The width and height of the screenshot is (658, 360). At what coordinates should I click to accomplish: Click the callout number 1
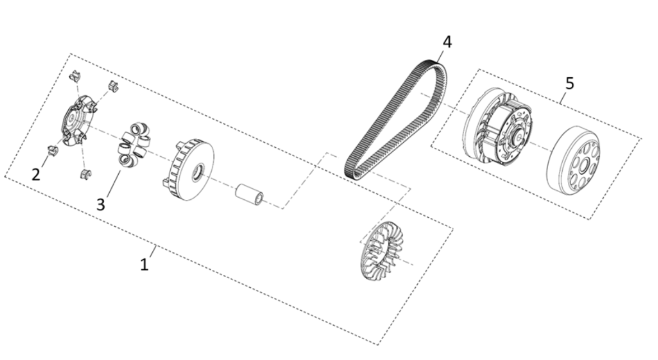pos(144,264)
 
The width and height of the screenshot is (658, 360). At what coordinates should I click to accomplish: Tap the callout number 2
pos(36,174)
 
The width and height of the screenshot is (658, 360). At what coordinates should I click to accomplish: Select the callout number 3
pos(100,204)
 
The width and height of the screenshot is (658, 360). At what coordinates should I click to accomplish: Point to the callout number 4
pos(446,41)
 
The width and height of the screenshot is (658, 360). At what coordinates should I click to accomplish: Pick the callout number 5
pos(570,83)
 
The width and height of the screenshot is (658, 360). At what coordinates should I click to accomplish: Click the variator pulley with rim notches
pos(188,171)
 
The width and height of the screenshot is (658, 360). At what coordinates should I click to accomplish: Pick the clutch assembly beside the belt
pos(498,129)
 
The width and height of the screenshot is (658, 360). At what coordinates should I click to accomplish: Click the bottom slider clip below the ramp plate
pos(85,175)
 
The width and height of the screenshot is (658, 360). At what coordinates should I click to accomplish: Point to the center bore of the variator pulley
pos(197,174)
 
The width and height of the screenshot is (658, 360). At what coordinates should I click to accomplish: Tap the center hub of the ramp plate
pos(71,119)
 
